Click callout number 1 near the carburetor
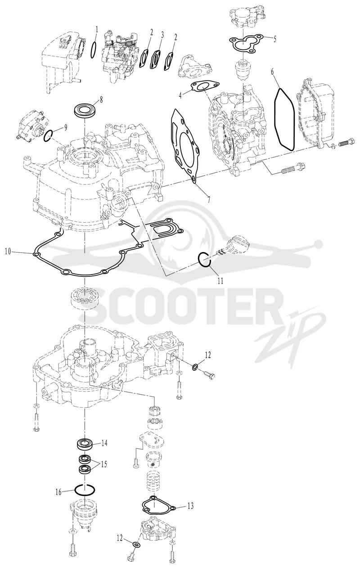tap(96, 30)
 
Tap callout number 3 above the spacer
tap(162, 35)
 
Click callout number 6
tap(272, 72)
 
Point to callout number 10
tap(8, 252)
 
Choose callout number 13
tap(190, 506)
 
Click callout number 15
tap(103, 464)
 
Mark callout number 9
tap(66, 128)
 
